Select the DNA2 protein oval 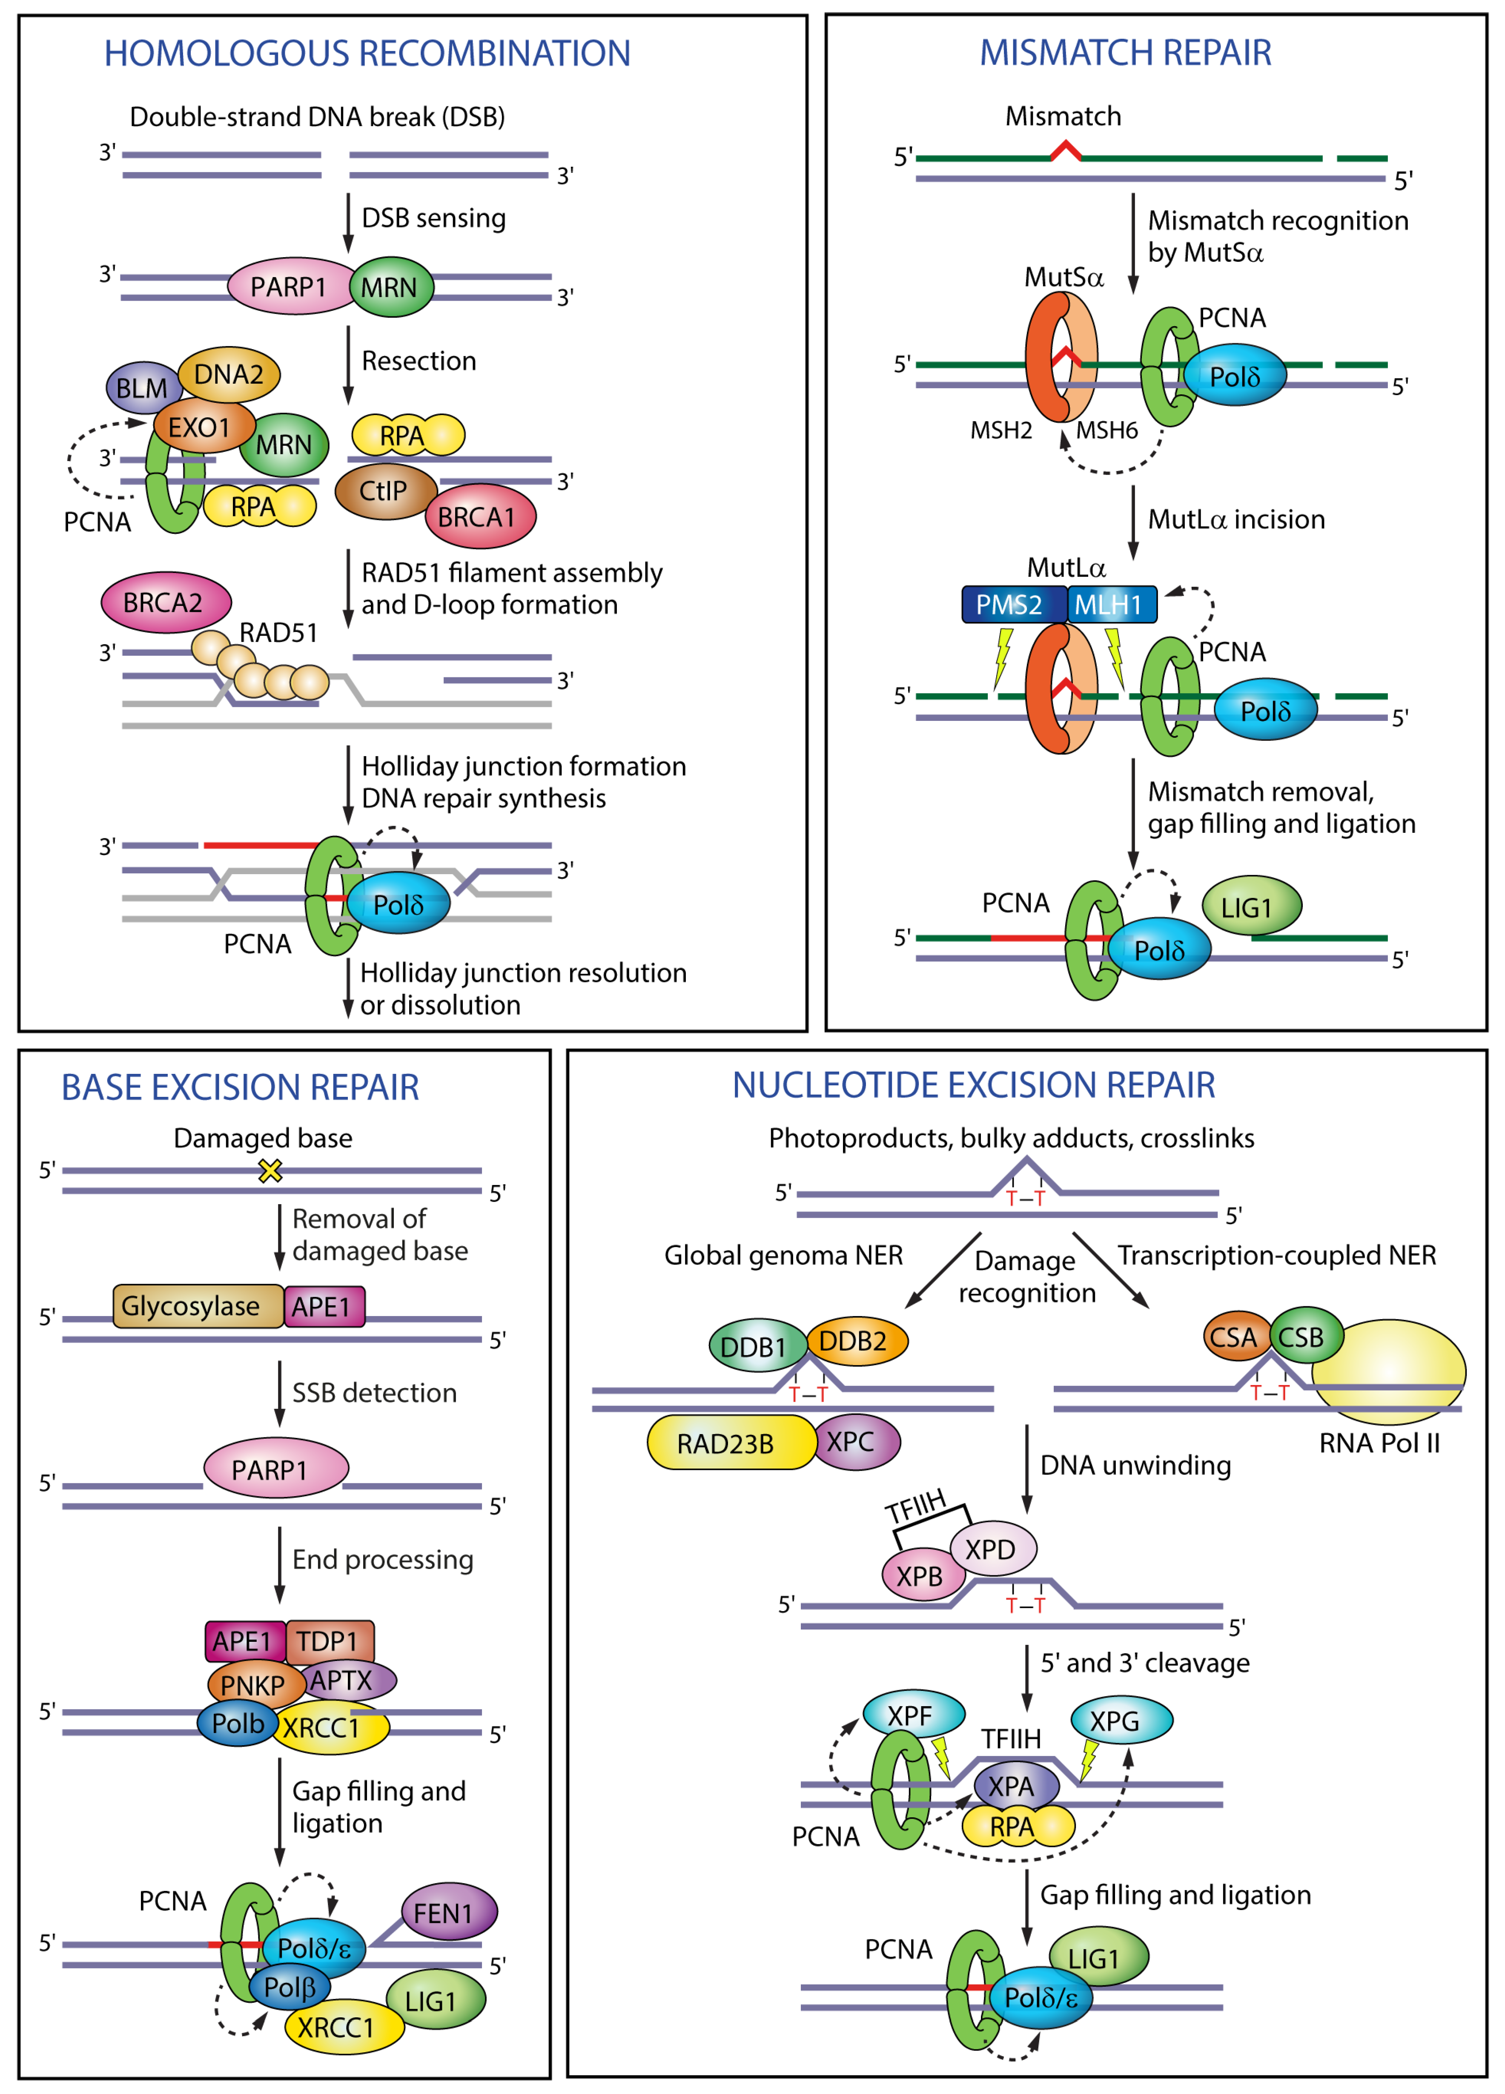[229, 374]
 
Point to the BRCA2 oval [164, 602]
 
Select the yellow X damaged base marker [269, 1171]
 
